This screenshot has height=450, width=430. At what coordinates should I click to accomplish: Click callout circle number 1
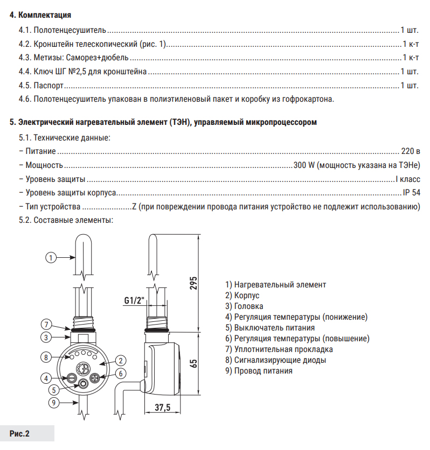tap(51, 257)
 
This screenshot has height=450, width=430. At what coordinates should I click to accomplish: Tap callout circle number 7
tap(47, 325)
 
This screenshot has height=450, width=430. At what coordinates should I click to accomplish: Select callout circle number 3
tap(47, 337)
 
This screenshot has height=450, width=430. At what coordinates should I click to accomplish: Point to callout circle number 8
tap(47, 357)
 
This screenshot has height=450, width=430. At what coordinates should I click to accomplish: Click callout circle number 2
tap(122, 361)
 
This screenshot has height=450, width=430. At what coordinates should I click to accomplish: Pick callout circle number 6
tap(122, 373)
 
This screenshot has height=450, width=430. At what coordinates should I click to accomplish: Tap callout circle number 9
tap(53, 402)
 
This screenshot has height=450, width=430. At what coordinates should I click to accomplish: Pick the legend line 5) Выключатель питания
tap(270, 327)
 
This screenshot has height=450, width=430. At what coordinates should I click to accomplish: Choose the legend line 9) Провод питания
tap(259, 370)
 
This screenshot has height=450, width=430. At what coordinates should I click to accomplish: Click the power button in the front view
tap(84, 384)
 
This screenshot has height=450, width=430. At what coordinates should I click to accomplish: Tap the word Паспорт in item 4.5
tap(48, 85)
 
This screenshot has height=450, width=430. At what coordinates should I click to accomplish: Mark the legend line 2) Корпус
tap(243, 295)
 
